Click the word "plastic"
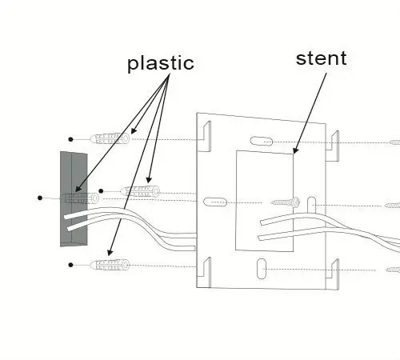[161, 63]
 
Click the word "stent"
[322, 58]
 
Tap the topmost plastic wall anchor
[110, 138]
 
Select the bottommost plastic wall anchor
[110, 265]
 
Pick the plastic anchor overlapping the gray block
[81, 198]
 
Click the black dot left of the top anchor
[70, 139]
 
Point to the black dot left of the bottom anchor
[70, 265]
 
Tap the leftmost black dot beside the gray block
[40, 198]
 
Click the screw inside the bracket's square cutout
[286, 203]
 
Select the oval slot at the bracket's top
[262, 142]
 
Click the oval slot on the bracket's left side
[215, 202]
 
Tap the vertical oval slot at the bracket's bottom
[262, 269]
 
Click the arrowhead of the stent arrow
[296, 150]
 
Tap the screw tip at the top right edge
[394, 142]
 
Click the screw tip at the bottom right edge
[393, 270]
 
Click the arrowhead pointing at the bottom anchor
[110, 252]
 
